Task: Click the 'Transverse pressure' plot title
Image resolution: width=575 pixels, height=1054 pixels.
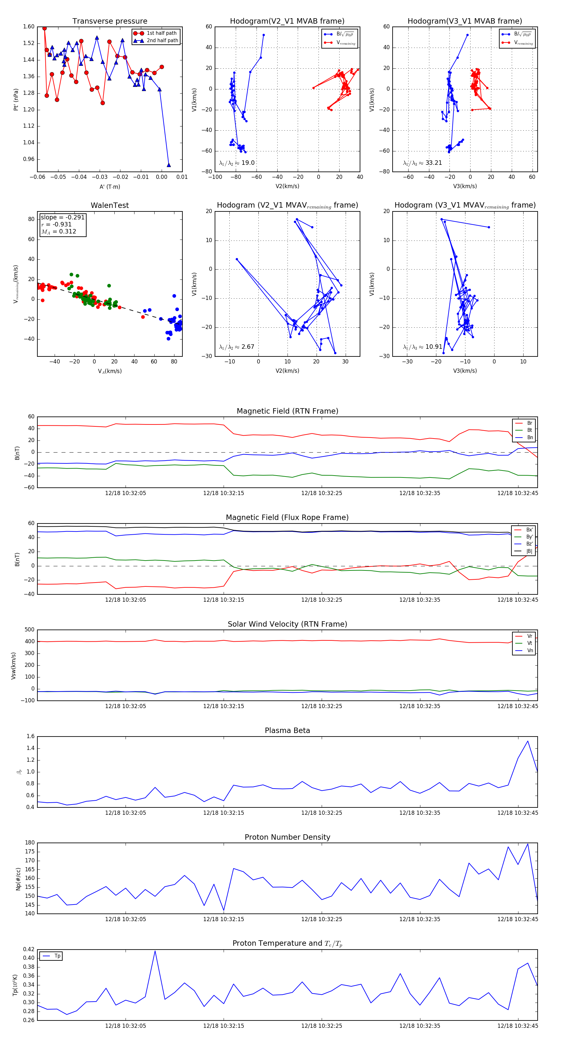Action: point(110,21)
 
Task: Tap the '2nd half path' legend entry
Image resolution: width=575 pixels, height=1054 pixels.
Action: point(162,41)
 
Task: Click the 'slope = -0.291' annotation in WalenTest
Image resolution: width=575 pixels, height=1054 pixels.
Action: point(62,217)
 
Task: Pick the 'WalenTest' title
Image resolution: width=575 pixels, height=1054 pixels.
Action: point(110,205)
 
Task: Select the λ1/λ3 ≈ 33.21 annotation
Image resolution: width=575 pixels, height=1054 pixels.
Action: point(422,163)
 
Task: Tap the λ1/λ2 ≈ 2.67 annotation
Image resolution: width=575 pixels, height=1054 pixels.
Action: point(236,347)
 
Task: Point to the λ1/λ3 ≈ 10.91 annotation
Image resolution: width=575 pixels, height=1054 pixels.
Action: point(422,347)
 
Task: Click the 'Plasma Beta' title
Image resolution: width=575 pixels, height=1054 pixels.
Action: point(287,731)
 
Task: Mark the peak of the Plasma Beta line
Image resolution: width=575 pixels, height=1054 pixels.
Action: point(527,741)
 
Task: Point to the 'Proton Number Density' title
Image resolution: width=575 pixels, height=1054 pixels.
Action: point(287,837)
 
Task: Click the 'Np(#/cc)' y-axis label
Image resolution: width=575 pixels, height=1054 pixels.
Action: point(18,879)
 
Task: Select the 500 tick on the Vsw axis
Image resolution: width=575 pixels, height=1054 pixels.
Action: point(29,630)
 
